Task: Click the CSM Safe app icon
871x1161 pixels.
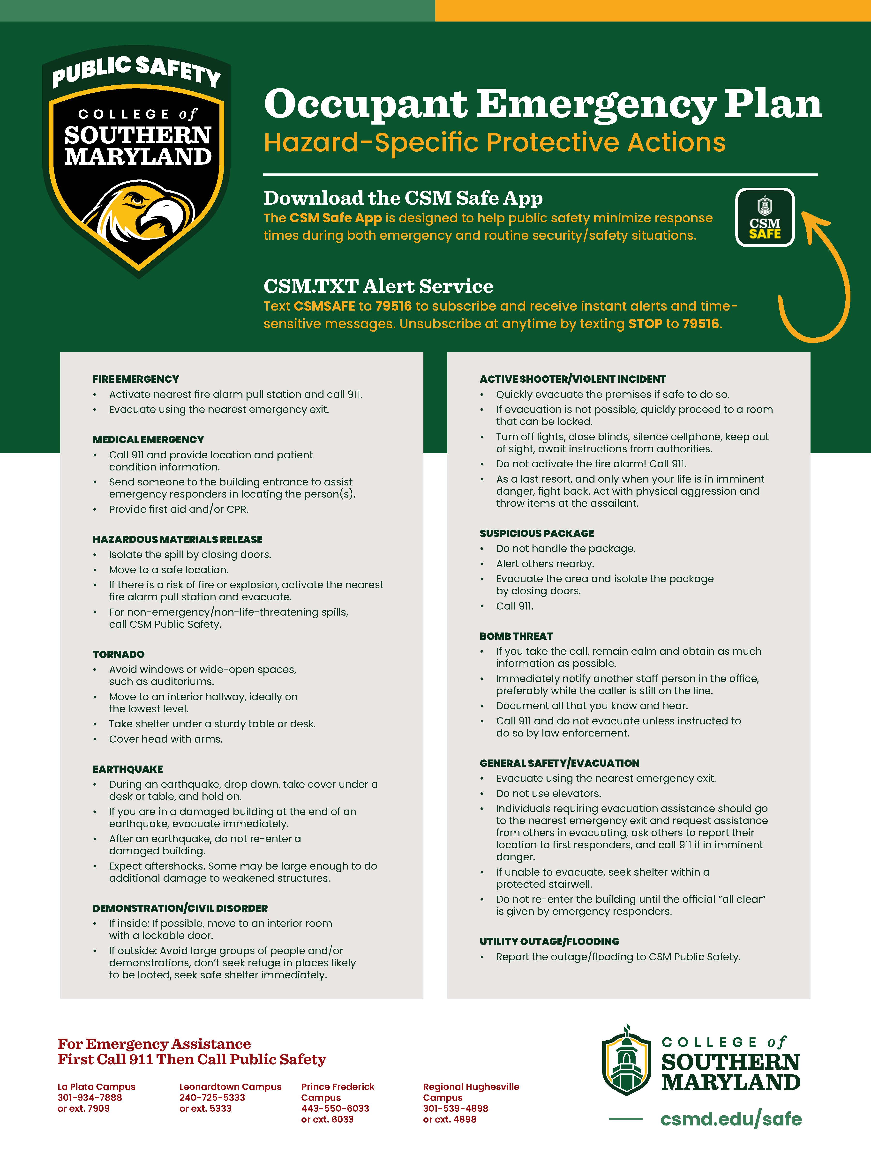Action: [764, 217]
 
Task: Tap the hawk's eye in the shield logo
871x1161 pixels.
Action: [138, 200]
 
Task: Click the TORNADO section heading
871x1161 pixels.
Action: [118, 654]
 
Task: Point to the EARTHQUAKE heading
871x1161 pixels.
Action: [128, 769]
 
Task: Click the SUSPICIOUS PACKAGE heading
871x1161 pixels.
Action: [537, 533]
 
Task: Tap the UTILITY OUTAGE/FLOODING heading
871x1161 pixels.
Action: [549, 941]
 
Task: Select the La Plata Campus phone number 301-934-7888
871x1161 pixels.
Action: [90, 1097]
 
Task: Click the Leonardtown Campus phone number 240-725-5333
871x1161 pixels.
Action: [212, 1097]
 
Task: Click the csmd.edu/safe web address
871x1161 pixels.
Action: [731, 1120]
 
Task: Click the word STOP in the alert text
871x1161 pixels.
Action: [645, 324]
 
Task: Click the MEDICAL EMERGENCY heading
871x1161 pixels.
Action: [148, 439]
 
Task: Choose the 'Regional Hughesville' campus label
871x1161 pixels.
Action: [471, 1087]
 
